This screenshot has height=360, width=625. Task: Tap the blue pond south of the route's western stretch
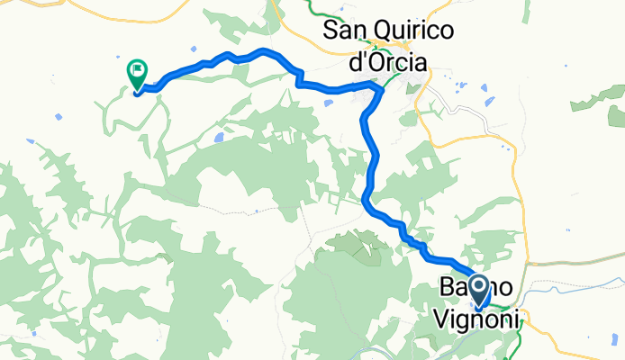(x=219, y=139)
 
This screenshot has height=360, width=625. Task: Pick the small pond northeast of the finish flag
(x=195, y=49)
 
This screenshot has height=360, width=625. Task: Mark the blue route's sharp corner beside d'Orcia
(x=376, y=85)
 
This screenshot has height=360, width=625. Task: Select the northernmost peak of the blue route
(x=263, y=50)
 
